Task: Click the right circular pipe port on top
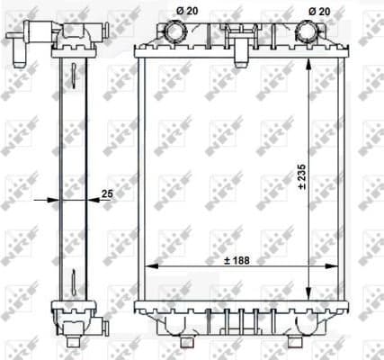308,32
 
